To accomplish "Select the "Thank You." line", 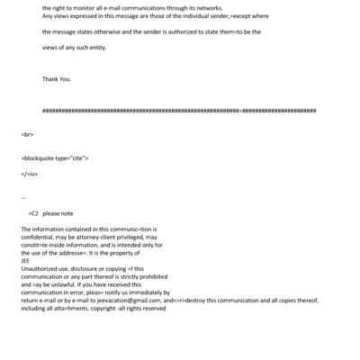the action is (x=56, y=78).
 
